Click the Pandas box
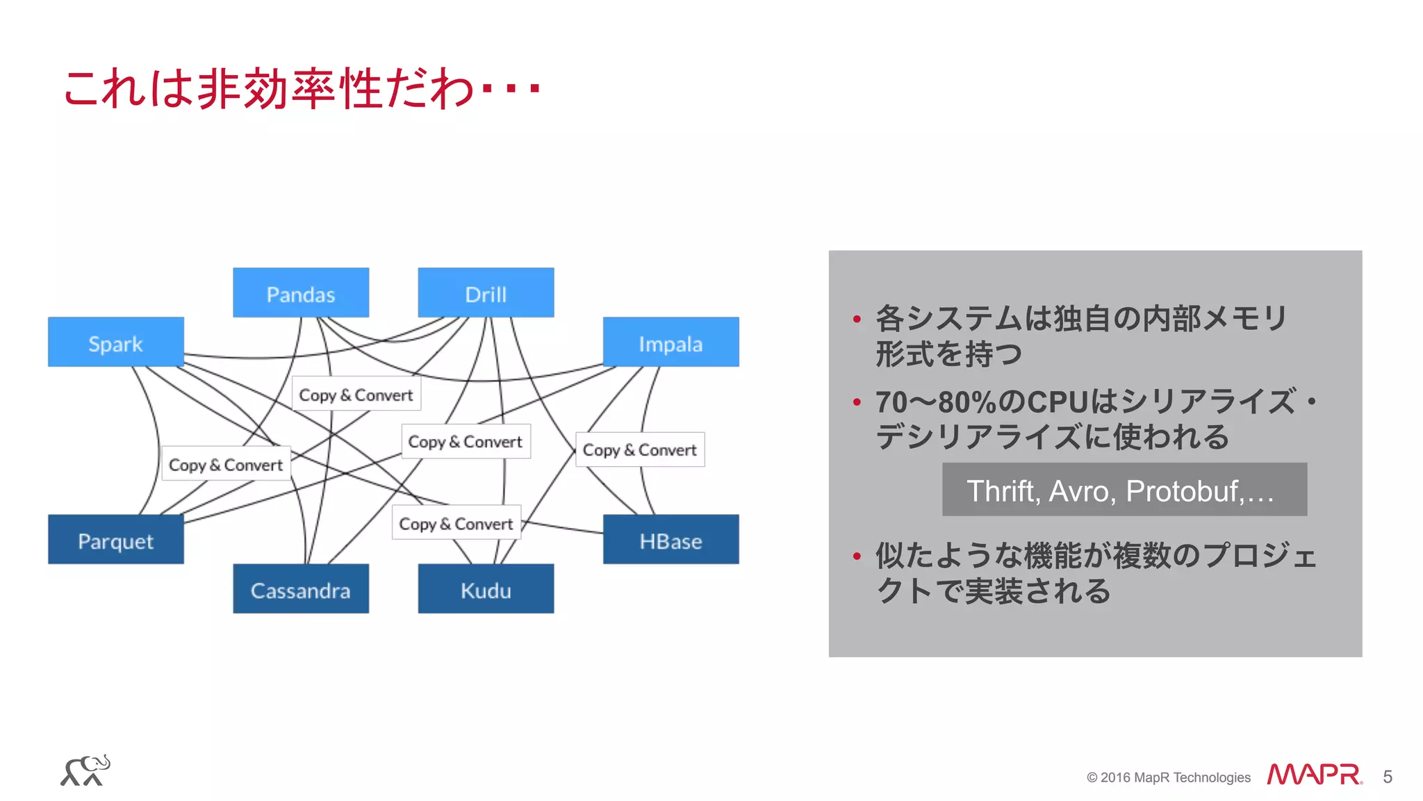click(300, 293)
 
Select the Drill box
click(486, 293)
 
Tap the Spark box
click(115, 342)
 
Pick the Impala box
click(671, 342)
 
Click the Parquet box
click(115, 540)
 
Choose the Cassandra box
click(300, 589)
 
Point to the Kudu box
click(486, 589)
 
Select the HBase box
click(671, 540)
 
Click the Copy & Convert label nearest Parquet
click(226, 464)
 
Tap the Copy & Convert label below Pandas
click(356, 394)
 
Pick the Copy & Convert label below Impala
click(639, 449)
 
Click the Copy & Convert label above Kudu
click(456, 523)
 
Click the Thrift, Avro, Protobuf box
click(1124, 490)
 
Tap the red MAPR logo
click(1313, 775)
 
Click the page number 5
click(1387, 777)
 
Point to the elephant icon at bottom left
click(85, 770)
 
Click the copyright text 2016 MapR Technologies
click(1169, 777)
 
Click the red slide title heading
click(302, 89)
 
